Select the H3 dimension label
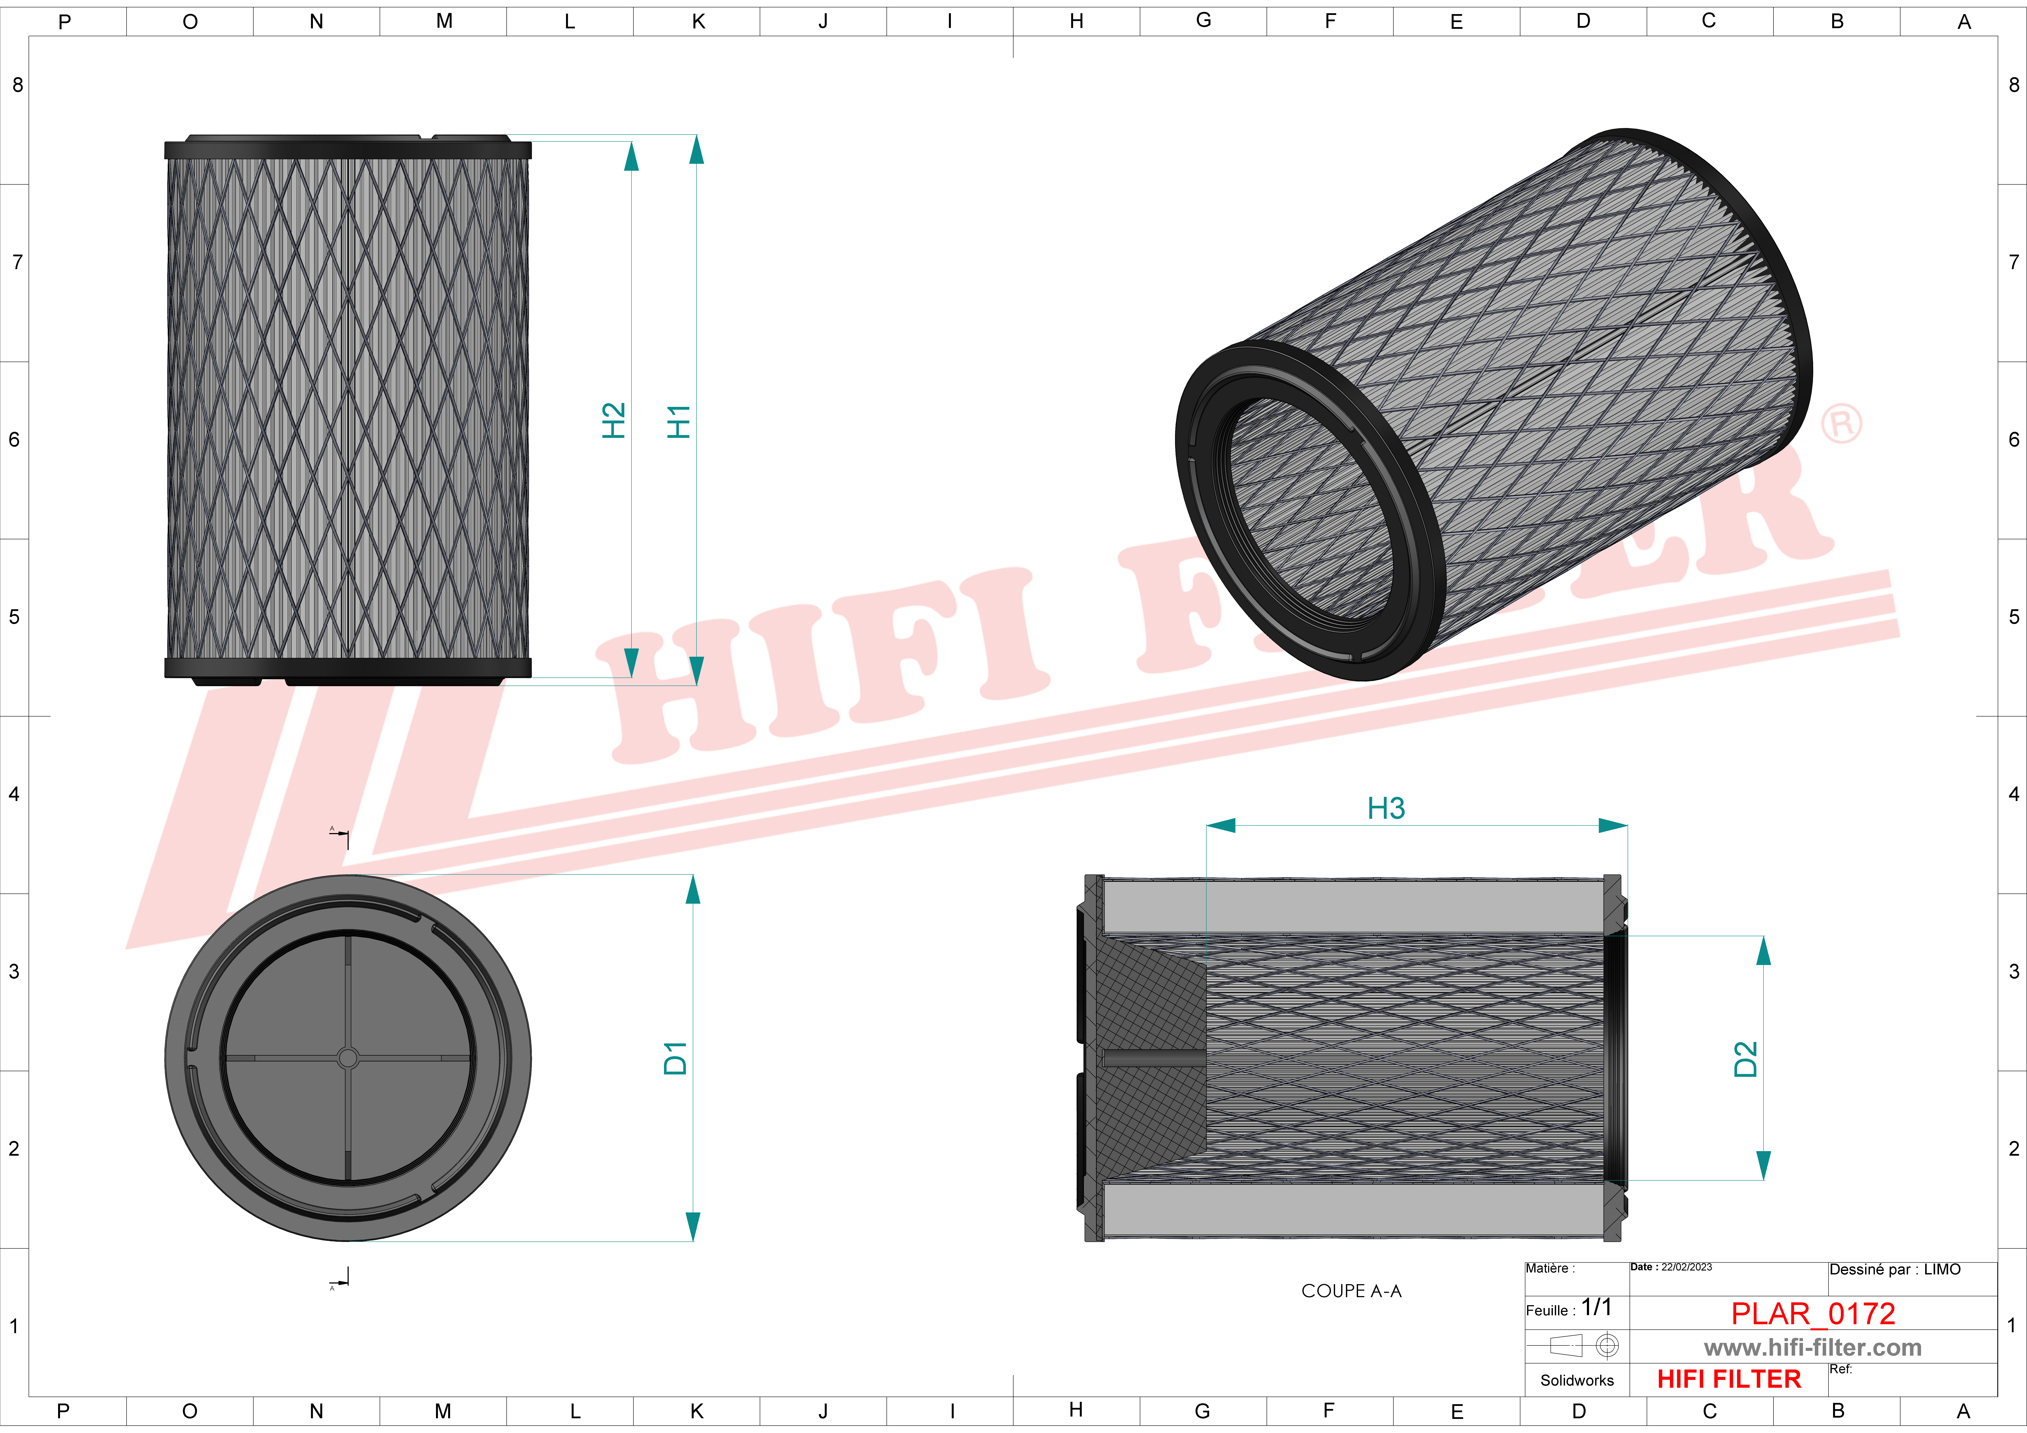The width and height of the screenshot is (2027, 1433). (x=1386, y=808)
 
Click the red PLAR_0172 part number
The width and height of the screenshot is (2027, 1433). (x=1813, y=1314)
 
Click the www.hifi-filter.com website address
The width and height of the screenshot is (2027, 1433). (x=1812, y=1347)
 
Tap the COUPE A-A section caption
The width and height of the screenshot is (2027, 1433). (x=1352, y=1291)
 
